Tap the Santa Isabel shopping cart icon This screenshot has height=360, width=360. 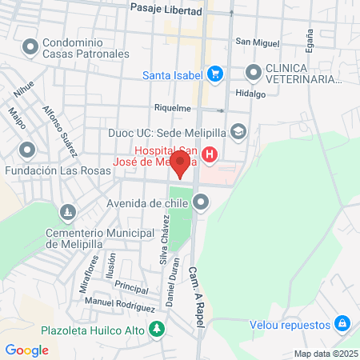point(214,74)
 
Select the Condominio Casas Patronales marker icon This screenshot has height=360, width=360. point(30,48)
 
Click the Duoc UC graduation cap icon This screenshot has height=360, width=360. point(238,130)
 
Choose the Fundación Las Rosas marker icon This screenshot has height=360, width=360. point(28,150)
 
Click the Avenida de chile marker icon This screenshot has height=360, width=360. point(200,202)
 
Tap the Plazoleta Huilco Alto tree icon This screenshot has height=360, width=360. point(158,329)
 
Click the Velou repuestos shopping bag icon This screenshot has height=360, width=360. point(342,324)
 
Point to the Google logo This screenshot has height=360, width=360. point(27,350)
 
